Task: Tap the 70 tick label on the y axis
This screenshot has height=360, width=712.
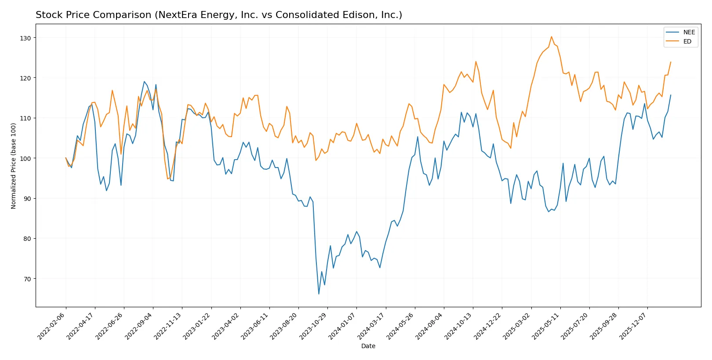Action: click(27, 279)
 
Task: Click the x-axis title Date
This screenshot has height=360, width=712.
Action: click(368, 346)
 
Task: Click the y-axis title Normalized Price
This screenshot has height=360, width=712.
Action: click(14, 166)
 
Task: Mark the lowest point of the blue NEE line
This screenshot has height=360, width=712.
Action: click(319, 294)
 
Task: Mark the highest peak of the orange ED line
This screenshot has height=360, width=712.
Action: click(551, 36)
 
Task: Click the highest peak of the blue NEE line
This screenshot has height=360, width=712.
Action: click(144, 81)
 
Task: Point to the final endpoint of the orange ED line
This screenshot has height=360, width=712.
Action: click(671, 62)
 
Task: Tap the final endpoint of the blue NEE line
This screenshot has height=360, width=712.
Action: click(671, 95)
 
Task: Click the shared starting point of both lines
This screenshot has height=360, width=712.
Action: click(66, 158)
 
